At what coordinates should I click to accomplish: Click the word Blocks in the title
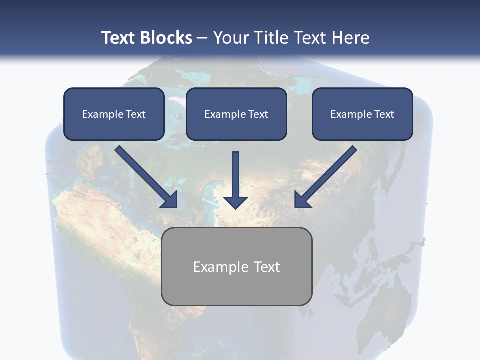tap(166, 38)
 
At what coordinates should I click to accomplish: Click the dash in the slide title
tap(203, 38)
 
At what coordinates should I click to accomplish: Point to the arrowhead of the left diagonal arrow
tap(170, 199)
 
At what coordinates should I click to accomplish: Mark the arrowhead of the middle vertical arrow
tap(235, 202)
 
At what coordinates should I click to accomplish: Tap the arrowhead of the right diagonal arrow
tap(302, 199)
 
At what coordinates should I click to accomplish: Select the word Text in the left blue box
tap(136, 114)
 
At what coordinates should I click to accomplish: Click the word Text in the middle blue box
tap(258, 114)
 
